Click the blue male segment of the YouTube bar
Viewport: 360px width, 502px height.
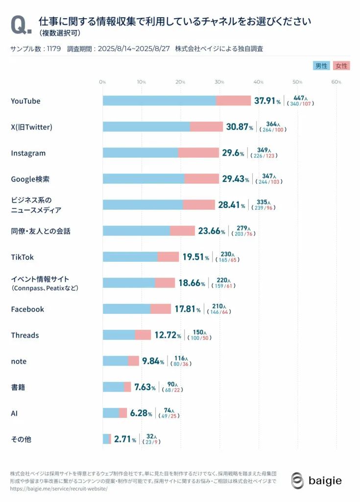point(159,100)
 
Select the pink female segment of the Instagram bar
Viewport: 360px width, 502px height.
point(198,153)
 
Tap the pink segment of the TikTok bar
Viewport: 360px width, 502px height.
point(168,257)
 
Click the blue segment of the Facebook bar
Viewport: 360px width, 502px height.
point(126,309)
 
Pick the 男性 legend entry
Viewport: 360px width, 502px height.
point(321,66)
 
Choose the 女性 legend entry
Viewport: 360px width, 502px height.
point(341,66)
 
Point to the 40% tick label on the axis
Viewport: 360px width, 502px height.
point(258,82)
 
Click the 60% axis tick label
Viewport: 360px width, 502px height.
point(336,82)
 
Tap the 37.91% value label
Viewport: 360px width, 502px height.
point(267,100)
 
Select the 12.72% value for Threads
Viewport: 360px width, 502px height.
point(168,335)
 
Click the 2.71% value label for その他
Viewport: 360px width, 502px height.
point(125,440)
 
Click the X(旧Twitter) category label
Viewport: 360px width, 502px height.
point(31,127)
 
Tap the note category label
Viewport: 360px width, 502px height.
point(19,361)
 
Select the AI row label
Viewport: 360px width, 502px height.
point(15,413)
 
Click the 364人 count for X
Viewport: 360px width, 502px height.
point(272,124)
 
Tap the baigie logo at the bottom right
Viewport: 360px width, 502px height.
point(316,480)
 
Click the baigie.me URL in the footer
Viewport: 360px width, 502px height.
point(58,489)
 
